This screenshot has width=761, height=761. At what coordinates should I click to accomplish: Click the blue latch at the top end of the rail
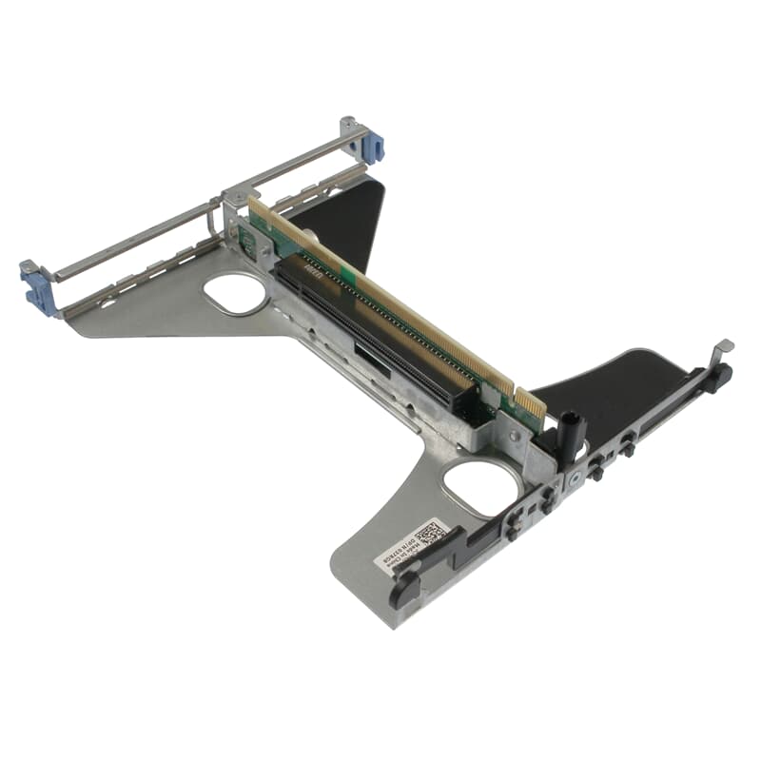(x=372, y=145)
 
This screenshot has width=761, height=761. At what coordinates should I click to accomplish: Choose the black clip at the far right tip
(x=718, y=378)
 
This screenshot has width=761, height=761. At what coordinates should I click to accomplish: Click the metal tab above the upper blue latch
(x=348, y=123)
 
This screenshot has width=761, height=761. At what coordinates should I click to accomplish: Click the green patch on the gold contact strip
(x=348, y=275)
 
